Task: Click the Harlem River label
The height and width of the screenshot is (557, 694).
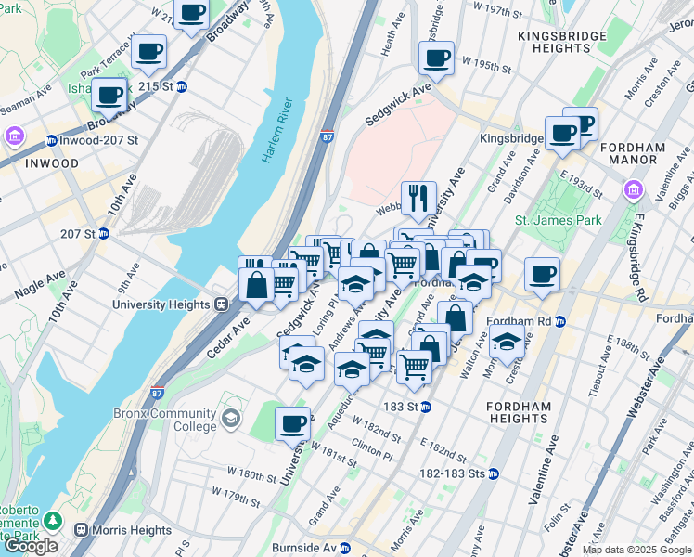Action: [277, 132]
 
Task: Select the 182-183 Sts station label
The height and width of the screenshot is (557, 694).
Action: [452, 473]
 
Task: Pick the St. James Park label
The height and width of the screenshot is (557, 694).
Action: [558, 220]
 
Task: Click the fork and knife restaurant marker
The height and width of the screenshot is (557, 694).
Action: [418, 197]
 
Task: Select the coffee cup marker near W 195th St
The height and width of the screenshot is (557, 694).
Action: [436, 58]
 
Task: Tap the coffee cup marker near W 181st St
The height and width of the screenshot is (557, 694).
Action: [293, 423]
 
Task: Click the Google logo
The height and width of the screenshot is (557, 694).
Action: [31, 546]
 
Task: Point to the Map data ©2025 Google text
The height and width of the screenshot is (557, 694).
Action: [636, 550]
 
